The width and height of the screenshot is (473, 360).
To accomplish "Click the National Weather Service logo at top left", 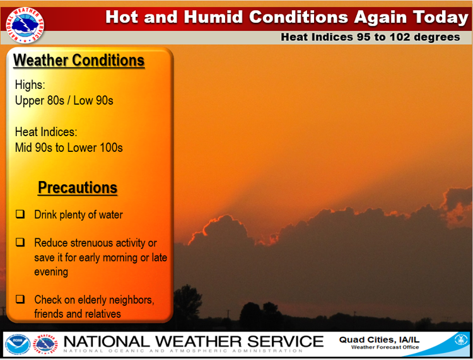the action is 25,25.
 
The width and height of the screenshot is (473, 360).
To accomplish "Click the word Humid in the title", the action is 213,17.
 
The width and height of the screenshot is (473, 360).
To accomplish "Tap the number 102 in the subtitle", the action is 400,37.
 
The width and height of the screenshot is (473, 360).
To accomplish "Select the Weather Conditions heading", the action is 79,61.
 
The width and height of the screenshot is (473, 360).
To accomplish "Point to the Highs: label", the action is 30,85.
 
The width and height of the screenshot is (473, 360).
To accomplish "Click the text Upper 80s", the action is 40,101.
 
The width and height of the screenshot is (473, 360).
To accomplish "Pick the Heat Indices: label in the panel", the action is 46,132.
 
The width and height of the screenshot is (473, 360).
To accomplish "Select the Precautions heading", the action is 78,187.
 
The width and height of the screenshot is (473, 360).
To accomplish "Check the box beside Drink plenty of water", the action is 20,214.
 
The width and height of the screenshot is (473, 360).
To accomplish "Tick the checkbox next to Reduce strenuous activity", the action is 20,242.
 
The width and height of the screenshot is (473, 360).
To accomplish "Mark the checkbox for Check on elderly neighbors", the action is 20,299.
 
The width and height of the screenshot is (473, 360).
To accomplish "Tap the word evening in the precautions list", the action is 51,272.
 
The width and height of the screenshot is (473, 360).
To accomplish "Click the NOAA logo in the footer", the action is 18,344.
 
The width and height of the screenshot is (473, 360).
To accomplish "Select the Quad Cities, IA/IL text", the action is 379,340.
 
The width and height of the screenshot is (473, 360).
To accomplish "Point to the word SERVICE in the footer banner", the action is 285,342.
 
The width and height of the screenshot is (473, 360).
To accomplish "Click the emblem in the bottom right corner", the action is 461,340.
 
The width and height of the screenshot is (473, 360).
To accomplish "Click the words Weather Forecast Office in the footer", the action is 385,347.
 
